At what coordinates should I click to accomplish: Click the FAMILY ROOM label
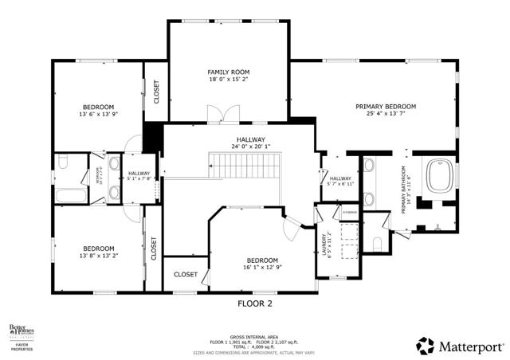(x=229, y=72)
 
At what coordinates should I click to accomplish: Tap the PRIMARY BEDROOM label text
(x=386, y=106)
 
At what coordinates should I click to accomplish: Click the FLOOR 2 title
(x=255, y=303)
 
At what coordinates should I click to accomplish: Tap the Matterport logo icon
(x=426, y=346)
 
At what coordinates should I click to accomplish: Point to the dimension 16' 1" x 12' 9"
(x=262, y=268)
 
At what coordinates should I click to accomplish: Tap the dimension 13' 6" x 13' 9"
(x=99, y=115)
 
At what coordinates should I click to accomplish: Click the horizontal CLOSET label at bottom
(x=185, y=275)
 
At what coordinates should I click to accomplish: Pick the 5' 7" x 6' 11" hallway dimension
(x=340, y=184)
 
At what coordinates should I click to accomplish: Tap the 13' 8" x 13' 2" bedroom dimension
(x=99, y=256)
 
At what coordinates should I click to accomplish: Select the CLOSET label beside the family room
(x=156, y=92)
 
